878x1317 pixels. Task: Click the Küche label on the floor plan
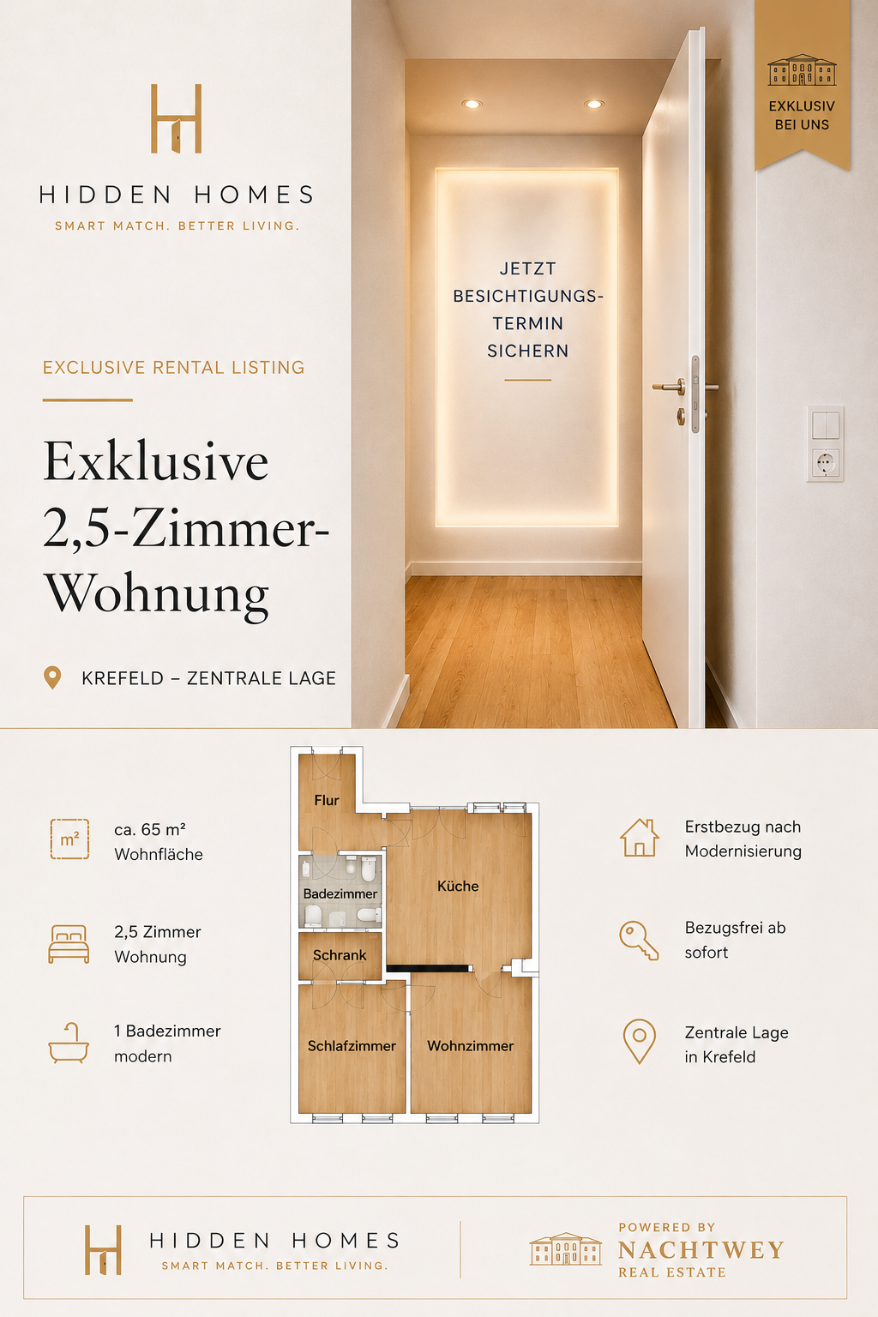pyautogui.click(x=458, y=886)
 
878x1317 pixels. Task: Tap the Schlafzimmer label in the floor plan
pyautogui.click(x=352, y=1046)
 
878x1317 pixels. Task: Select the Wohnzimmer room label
pyautogui.click(x=471, y=1046)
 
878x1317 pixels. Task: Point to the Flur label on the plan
pyautogui.click(x=327, y=800)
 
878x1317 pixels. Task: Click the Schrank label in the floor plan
pyautogui.click(x=340, y=955)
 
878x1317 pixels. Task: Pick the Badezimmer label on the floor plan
pyautogui.click(x=340, y=893)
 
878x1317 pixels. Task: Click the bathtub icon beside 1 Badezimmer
pyautogui.click(x=69, y=1043)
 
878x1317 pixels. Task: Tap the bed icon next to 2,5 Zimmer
pyautogui.click(x=69, y=944)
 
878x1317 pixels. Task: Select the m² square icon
pyautogui.click(x=70, y=839)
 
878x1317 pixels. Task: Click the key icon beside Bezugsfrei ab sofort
pyautogui.click(x=639, y=940)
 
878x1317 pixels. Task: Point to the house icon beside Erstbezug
pyautogui.click(x=640, y=838)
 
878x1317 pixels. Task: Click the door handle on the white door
pyautogui.click(x=670, y=387)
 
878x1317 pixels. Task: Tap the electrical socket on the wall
pyautogui.click(x=825, y=463)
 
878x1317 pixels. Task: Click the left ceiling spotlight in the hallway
pyautogui.click(x=472, y=104)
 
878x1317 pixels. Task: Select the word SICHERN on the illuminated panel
pyautogui.click(x=527, y=351)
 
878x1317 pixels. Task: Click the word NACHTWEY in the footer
pyautogui.click(x=701, y=1250)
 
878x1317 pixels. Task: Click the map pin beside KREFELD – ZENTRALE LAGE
pyautogui.click(x=52, y=678)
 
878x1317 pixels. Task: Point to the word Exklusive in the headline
pyautogui.click(x=156, y=461)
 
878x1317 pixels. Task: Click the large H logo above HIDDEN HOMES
pyautogui.click(x=177, y=119)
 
